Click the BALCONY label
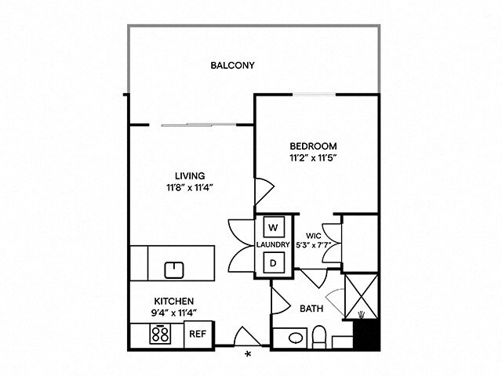pos(232,65)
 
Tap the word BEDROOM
pos(313,146)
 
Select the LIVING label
pos(190,175)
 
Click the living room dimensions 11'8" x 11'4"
pos(190,187)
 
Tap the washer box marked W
pos(274,227)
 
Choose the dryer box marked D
pos(274,262)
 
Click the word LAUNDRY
pos(274,245)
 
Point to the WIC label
pos(313,234)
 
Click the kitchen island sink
pos(174,270)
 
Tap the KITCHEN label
pos(173,301)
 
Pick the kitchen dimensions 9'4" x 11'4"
pos(173,313)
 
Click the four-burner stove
pos(162,334)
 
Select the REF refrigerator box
pos(198,334)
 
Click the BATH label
pos(311,309)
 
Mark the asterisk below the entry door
pos(249,355)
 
